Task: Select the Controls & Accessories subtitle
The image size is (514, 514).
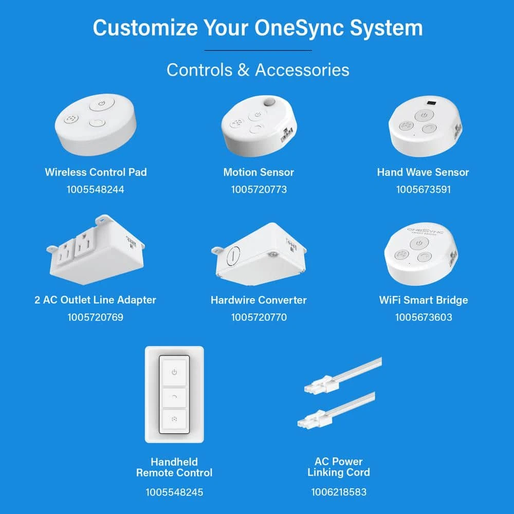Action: coord(258,69)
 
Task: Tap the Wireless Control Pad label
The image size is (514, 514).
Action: coord(96,172)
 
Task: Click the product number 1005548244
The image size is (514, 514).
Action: coord(95,189)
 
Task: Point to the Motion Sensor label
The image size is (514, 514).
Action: coord(259,172)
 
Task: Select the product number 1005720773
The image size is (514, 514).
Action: coord(259,189)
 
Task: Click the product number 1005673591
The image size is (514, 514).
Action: coord(423,189)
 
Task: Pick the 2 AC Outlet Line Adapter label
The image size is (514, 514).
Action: coord(95,300)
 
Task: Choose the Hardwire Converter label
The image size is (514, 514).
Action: coord(259,300)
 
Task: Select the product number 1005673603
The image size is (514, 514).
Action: coord(424,317)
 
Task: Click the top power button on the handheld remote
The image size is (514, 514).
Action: coord(174,372)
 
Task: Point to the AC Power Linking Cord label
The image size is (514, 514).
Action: coord(338,467)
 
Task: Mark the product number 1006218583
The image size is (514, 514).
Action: coord(339,492)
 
